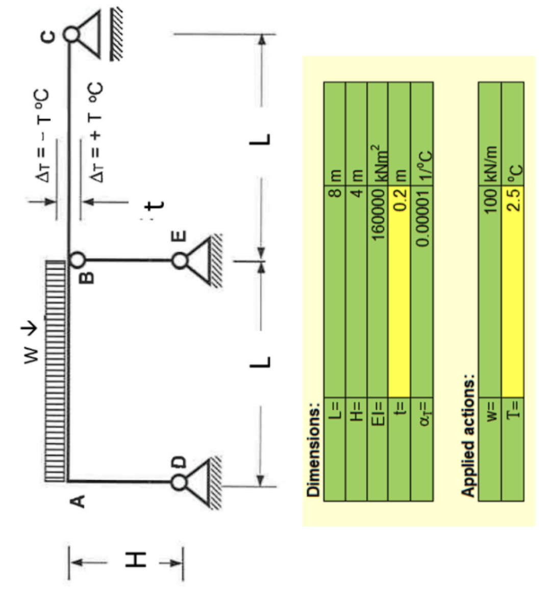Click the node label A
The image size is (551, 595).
coord(78,501)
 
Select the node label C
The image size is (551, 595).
coord(48,37)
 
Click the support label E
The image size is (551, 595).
coord(179,236)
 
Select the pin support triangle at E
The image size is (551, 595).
coord(197,260)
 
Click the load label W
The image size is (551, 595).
coord(31,355)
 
